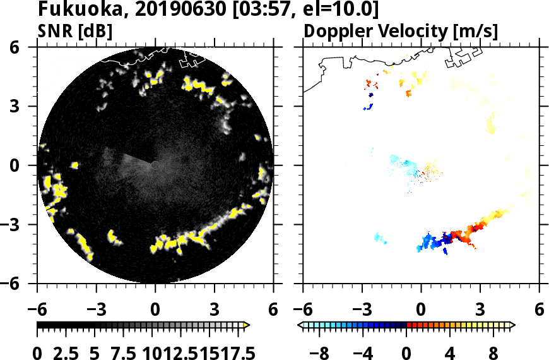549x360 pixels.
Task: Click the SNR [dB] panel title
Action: click(75, 31)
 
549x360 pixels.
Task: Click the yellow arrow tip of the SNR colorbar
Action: click(247, 325)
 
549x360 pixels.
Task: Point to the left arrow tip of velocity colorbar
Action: click(300, 325)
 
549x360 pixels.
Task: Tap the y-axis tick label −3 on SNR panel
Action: click(20, 225)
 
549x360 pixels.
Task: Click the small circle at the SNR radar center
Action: click(155, 165)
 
